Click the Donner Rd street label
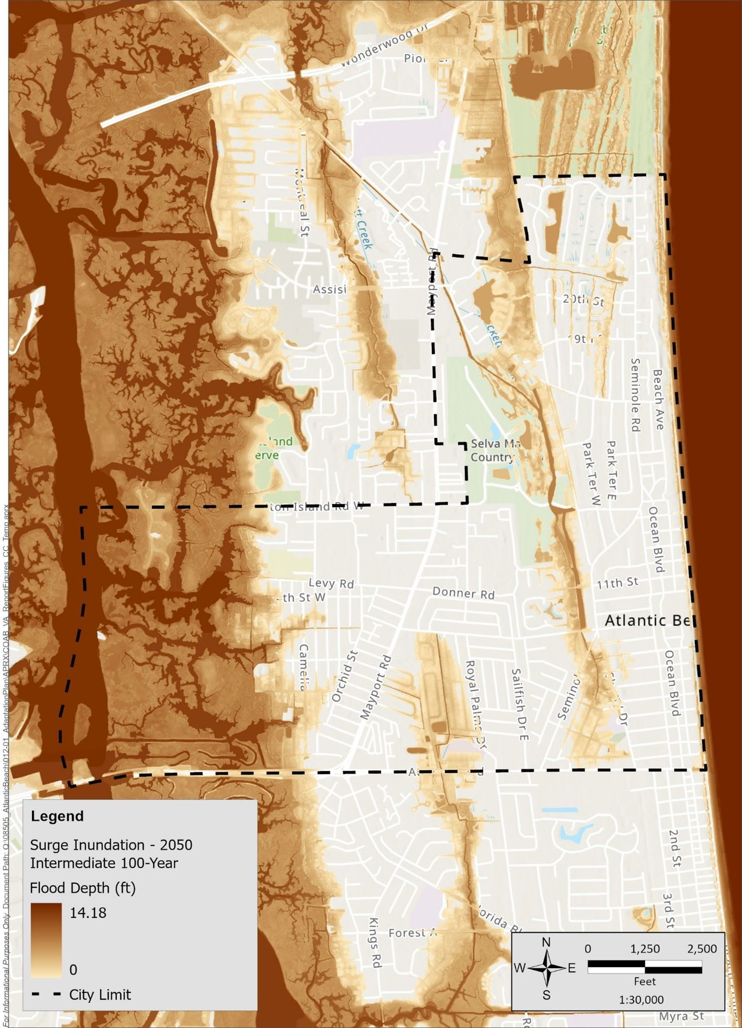[x=463, y=593]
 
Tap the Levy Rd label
[x=331, y=583]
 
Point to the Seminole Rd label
[x=635, y=395]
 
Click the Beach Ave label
[x=658, y=399]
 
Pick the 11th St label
[x=617, y=582]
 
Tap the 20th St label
[x=584, y=300]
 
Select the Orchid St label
[x=345, y=676]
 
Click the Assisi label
[x=330, y=289]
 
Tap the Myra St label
[x=681, y=1016]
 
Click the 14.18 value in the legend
[x=88, y=913]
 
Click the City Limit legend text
[x=100, y=994]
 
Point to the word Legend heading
[x=57, y=816]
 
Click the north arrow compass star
[x=546, y=968]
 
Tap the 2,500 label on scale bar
[x=702, y=949]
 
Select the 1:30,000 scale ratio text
[x=641, y=1000]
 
